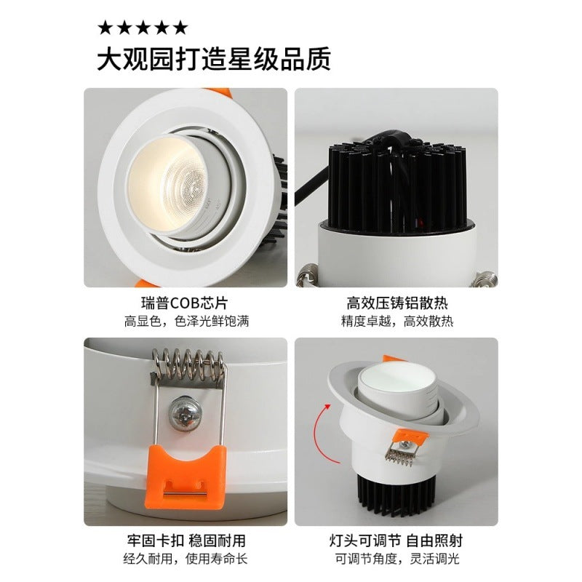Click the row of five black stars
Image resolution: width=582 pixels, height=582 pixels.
[143, 28]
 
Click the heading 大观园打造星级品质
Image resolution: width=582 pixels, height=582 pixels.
[214, 59]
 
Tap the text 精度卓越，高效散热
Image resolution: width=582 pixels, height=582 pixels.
[396, 321]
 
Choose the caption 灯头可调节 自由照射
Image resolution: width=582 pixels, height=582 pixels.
[396, 541]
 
